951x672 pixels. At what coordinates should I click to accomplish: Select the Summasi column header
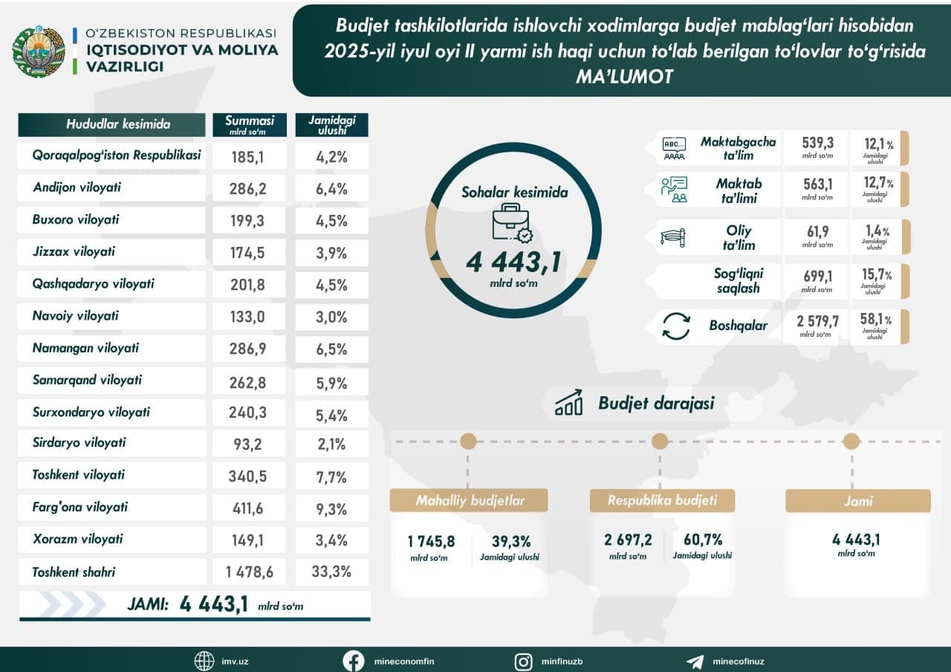[250, 124]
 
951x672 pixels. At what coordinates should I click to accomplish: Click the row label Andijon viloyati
[77, 188]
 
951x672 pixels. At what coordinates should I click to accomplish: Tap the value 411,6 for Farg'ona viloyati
[248, 508]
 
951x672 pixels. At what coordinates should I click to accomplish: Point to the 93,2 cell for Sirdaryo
[248, 444]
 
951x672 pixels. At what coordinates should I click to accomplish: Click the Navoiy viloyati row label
[75, 316]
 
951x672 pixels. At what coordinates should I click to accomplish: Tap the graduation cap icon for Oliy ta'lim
[673, 237]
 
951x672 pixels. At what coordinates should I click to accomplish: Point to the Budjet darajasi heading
[655, 404]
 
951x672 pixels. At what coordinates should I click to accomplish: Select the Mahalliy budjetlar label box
[470, 500]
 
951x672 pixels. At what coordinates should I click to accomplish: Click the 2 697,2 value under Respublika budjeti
[628, 540]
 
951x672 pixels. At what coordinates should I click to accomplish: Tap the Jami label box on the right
[857, 501]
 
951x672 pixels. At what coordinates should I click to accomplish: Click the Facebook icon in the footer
[353, 661]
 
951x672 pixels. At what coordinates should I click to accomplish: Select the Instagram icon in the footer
[524, 661]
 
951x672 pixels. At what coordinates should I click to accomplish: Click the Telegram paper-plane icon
[695, 661]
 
